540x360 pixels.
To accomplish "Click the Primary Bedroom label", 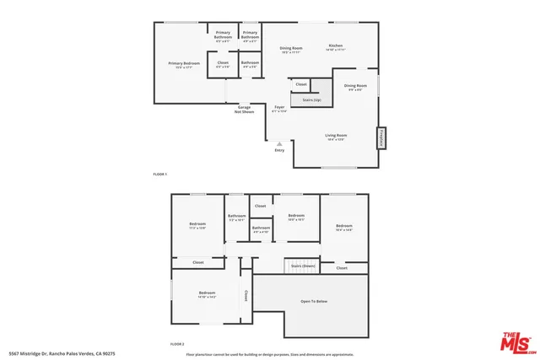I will pos(184,64).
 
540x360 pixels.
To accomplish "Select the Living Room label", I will pos(337,136).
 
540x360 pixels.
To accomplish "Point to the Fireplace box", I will pos(381,138).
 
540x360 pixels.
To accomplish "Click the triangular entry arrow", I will pos(279,143).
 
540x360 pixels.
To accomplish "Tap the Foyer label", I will pos(279,108).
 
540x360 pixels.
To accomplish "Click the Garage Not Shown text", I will pos(245,110).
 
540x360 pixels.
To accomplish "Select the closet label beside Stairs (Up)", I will pos(301,84).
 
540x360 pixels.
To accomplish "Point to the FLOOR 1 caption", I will pos(160,174).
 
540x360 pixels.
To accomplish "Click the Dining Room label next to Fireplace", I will pos(355,86).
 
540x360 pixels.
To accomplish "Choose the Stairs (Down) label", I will pos(303,266).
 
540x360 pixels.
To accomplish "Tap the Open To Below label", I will pos(314,301).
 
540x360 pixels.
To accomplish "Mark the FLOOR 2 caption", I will pos(177,344).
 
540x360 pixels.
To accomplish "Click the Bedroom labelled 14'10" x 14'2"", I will pos(208,294).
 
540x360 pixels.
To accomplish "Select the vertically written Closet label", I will pos(246,296).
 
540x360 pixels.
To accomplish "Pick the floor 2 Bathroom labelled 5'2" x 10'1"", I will pos(236,217).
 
